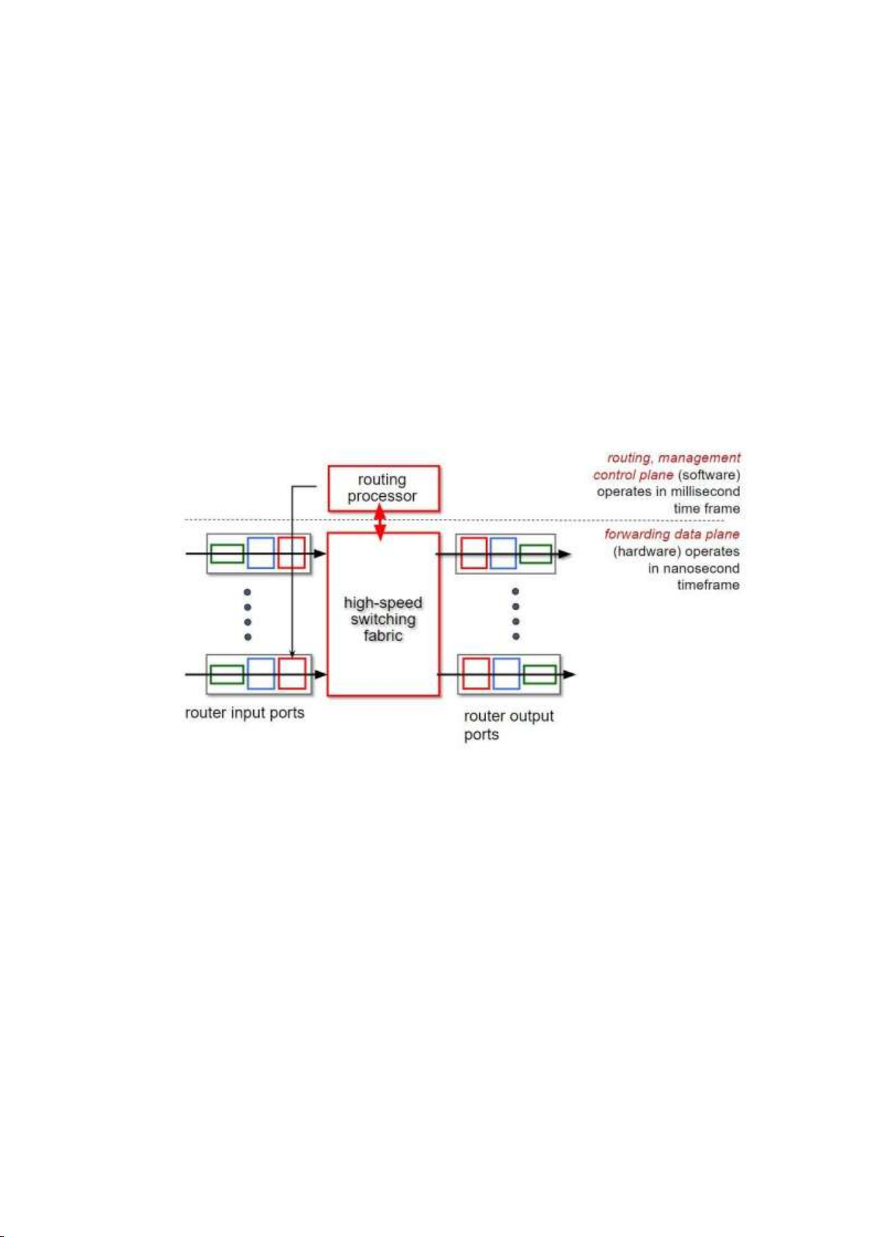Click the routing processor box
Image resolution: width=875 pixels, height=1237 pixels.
point(382,488)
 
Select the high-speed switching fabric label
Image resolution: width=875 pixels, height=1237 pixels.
point(382,619)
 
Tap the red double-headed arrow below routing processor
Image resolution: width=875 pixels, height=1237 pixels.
point(380,522)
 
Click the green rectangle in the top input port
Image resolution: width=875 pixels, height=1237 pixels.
point(227,554)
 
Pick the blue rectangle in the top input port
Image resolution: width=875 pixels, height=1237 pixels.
point(261,553)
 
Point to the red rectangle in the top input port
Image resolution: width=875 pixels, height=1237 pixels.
point(291,553)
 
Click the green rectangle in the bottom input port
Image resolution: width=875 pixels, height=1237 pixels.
point(227,674)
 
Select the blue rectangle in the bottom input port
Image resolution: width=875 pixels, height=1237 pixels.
point(261,673)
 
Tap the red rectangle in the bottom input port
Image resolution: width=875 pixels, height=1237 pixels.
point(291,673)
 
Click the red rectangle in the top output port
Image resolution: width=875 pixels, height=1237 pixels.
point(473,553)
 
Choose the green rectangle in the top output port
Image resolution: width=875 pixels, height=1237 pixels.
point(535,554)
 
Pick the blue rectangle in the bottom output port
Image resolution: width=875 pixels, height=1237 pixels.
point(506,673)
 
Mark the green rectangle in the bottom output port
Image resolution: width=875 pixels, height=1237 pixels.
point(539,674)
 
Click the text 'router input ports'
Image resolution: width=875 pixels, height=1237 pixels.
point(244,713)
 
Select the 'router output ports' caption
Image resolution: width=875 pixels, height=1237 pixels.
point(508,725)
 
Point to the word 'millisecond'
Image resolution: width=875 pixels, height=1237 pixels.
point(705,491)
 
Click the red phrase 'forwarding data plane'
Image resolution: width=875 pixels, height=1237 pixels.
point(672,534)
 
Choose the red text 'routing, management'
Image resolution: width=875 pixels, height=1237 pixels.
point(673,458)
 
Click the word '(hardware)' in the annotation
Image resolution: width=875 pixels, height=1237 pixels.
point(643,551)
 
